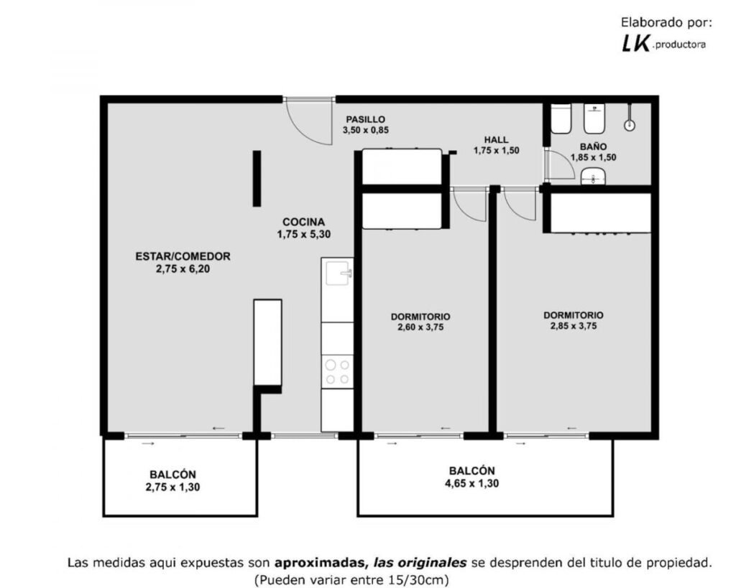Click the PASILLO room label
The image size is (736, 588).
tap(366, 120)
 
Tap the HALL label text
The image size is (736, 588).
tap(496, 140)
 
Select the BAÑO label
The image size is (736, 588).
tap(593, 146)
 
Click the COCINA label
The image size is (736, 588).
tap(304, 222)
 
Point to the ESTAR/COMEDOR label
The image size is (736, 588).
tap(183, 256)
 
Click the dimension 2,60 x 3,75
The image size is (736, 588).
tap(420, 327)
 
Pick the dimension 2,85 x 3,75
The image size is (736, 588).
tap(574, 326)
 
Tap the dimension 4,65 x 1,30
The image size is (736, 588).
tap(471, 483)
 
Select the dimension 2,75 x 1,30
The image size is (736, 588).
tap(172, 487)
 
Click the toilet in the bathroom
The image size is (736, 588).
tap(561, 118)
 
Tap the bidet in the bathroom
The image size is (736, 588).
tap(594, 118)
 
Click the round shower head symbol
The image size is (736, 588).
tap(630, 125)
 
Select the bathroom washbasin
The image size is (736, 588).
tap(593, 177)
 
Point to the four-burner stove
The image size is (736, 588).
tap(338, 372)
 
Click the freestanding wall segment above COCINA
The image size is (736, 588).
tap(257, 178)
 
